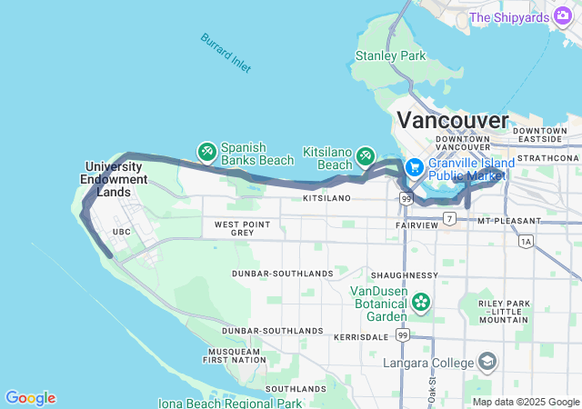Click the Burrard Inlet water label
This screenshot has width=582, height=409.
[x=226, y=54]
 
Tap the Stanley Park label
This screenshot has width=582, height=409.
[x=389, y=56]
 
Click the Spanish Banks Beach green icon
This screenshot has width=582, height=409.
[x=206, y=152]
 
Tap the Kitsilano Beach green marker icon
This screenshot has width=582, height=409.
[x=366, y=156]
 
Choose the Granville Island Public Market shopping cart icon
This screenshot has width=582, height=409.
[x=415, y=167]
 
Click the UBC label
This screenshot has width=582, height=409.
[x=121, y=233]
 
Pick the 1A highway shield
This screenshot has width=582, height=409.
[x=526, y=242]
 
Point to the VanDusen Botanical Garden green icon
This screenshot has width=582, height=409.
[x=421, y=301]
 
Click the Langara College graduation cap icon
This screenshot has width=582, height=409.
[x=487, y=363]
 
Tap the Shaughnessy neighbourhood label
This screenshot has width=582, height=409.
[x=404, y=275]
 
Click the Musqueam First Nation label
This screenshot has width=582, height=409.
[x=234, y=355]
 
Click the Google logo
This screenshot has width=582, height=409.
[x=30, y=398]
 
